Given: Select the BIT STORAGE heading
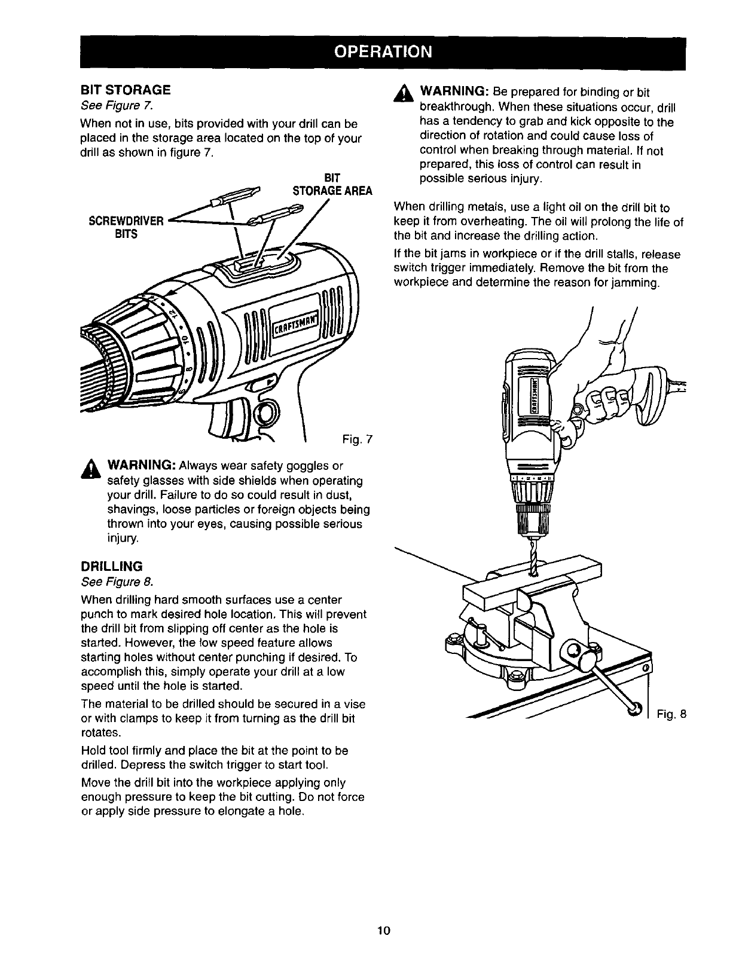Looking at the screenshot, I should point(126,90).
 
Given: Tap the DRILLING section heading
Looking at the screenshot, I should point(112,565).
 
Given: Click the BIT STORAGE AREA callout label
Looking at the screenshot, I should point(332,185).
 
